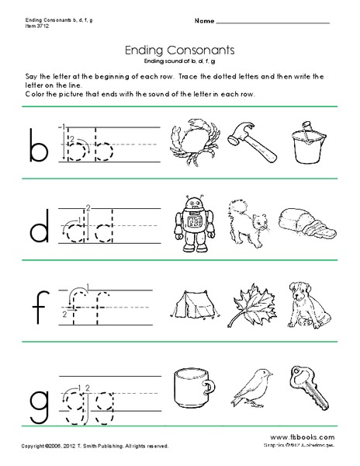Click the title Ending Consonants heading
point(180,49)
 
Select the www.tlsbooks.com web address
point(308,439)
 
